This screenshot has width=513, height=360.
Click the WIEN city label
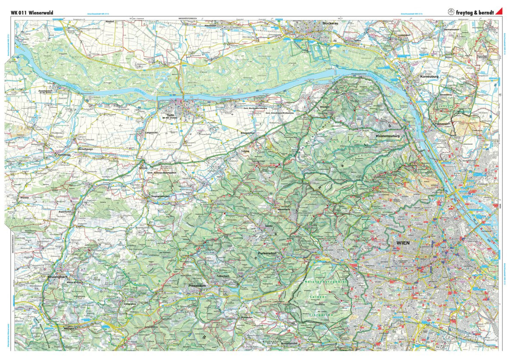pos(403,242)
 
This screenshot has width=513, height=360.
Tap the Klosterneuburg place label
pos(387,136)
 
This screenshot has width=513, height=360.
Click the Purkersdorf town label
pos(268,253)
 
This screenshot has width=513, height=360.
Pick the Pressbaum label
pos(197,285)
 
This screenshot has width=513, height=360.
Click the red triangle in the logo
pos(498,12)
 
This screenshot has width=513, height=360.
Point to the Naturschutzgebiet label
pos(327,282)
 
